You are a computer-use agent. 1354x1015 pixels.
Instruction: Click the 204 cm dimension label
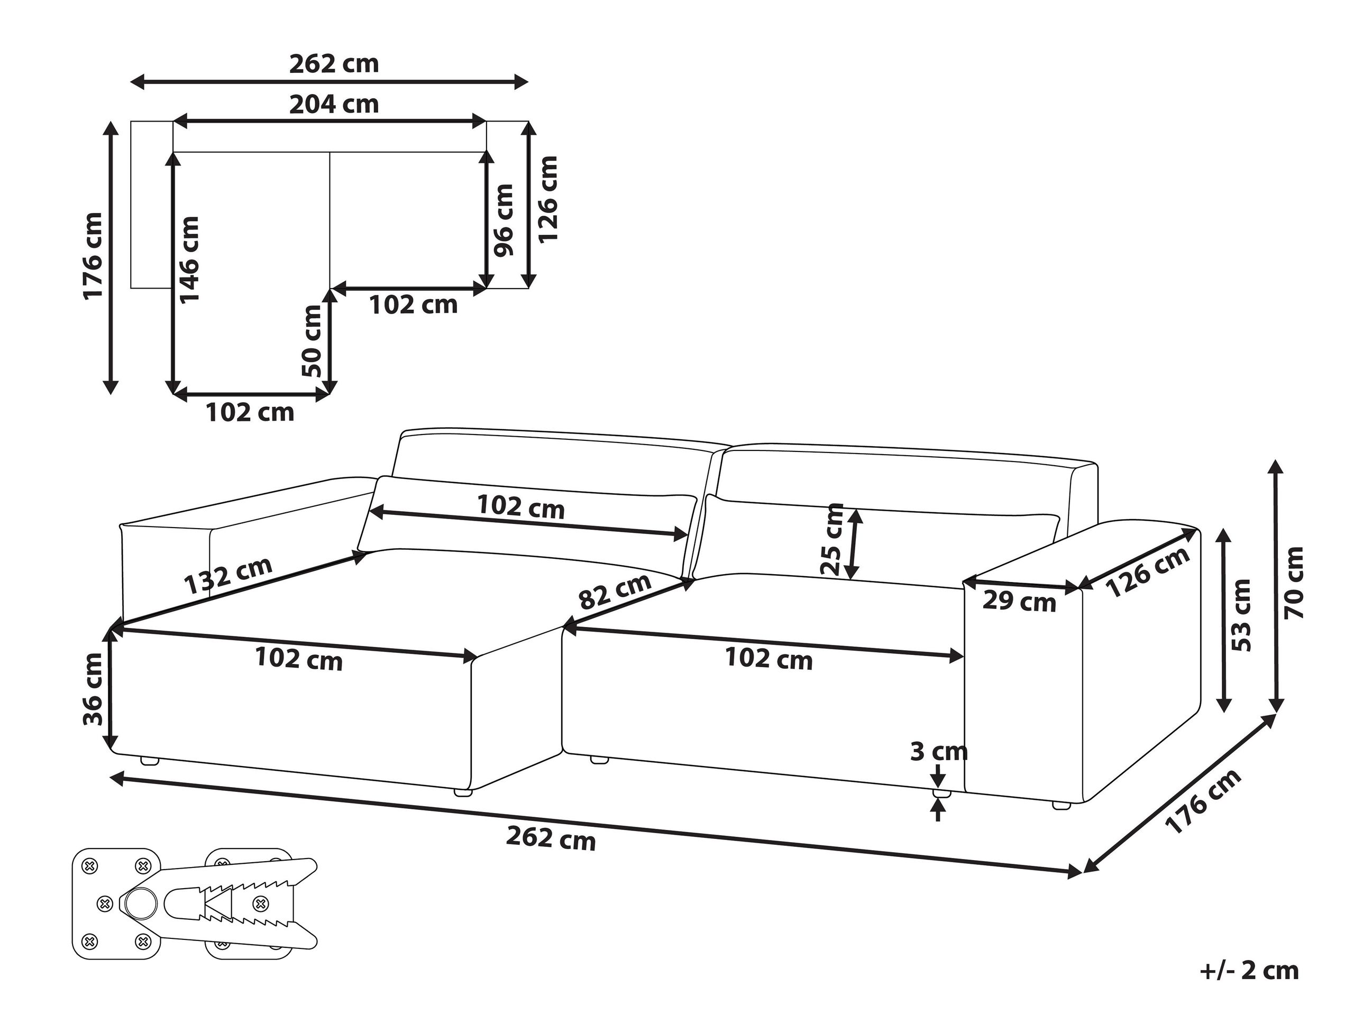click(334, 104)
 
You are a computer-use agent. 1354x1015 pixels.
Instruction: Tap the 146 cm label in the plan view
click(188, 259)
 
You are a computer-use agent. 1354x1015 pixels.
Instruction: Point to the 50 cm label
click(312, 341)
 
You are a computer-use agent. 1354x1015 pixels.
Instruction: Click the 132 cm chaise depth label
click(228, 576)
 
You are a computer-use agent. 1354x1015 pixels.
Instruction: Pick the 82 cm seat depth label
click(615, 592)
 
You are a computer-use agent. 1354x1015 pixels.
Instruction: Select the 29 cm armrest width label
click(1019, 602)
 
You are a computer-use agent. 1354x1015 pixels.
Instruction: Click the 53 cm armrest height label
click(1241, 615)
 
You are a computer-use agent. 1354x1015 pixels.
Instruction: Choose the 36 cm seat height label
click(93, 689)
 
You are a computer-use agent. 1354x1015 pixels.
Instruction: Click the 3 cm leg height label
click(938, 751)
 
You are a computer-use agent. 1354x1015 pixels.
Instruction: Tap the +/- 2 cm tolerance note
click(1249, 971)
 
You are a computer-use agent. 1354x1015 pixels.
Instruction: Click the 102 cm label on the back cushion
click(520, 506)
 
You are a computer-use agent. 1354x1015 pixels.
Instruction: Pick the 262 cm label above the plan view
click(334, 63)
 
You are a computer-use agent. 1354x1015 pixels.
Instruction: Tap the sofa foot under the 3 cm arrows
click(941, 793)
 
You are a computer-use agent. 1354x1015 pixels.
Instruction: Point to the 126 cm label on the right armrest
click(1147, 571)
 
